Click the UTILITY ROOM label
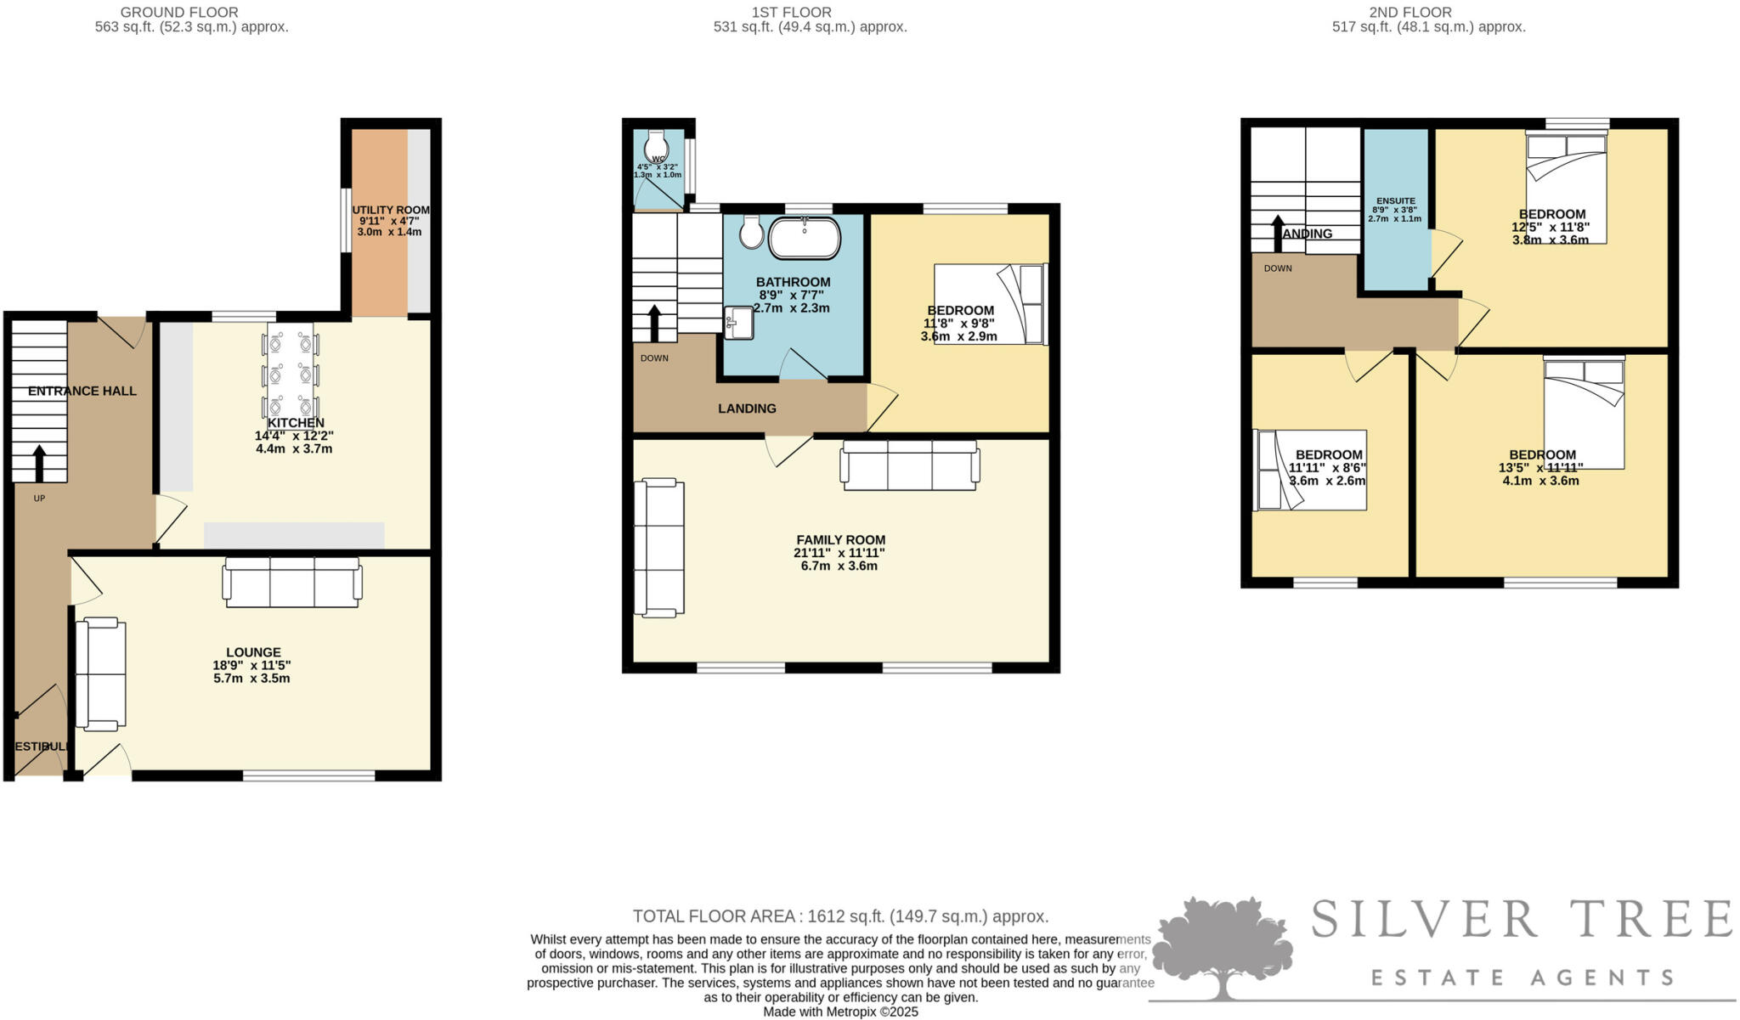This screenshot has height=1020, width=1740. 391,210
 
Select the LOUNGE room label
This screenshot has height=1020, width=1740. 253,652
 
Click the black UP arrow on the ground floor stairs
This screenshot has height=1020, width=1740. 39,463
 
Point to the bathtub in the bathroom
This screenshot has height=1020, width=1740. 804,238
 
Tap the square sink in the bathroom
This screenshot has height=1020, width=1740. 738,323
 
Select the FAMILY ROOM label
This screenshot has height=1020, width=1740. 840,539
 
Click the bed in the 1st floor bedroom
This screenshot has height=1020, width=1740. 990,303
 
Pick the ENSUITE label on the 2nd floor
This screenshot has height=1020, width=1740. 1395,200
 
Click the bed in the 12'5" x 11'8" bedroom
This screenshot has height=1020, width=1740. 1566,187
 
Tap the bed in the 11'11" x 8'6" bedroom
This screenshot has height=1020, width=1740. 1310,470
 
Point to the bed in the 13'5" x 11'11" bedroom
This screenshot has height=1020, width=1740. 1584,412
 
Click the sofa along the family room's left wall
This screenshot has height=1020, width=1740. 659,547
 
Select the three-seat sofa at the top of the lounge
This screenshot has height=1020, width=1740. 291,582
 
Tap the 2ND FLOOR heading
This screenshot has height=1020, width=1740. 1428,12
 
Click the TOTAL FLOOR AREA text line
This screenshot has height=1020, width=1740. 840,916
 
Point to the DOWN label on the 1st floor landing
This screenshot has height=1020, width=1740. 654,358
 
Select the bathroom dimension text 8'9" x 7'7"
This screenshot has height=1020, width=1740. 793,295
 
